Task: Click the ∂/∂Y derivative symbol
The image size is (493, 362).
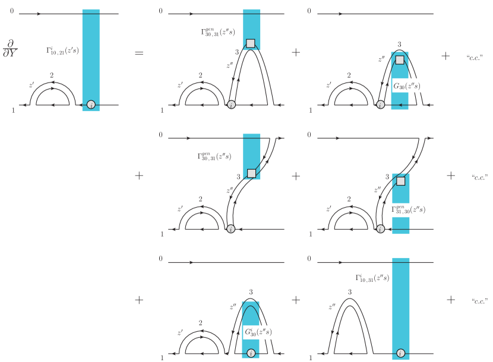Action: point(10,49)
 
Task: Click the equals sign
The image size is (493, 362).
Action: point(139,53)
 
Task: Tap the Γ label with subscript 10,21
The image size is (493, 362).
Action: point(62,50)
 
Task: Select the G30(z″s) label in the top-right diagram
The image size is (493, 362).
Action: point(406,86)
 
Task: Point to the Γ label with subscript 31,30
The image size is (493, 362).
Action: point(408,209)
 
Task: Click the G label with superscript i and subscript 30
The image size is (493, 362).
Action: point(258,332)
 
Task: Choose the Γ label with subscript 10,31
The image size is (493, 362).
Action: point(372,278)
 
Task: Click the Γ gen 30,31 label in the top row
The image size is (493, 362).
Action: point(218,32)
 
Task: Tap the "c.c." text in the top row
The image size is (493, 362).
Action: point(475,58)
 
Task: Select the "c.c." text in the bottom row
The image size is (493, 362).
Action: point(479,301)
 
